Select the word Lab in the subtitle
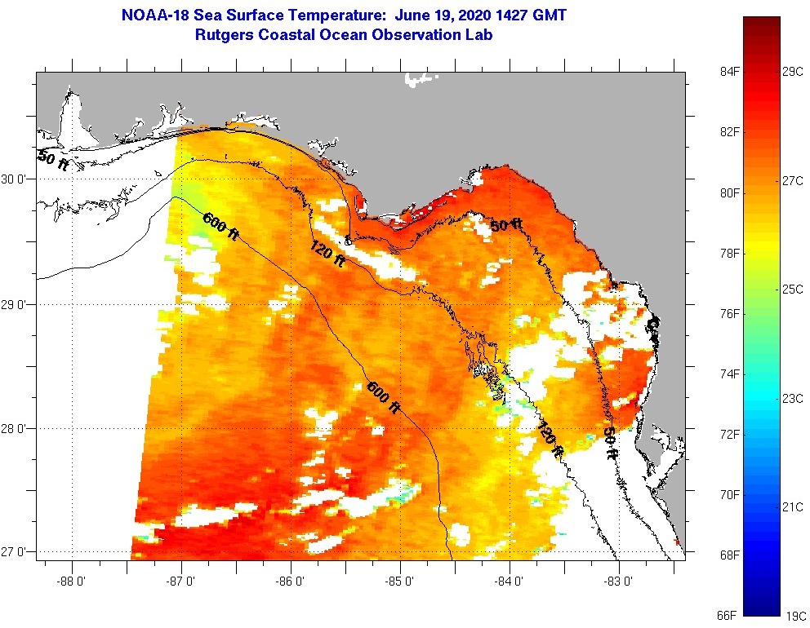(x=478, y=35)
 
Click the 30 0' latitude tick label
(x=16, y=179)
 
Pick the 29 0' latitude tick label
(x=16, y=304)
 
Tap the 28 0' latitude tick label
(x=16, y=428)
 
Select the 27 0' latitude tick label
(x=16, y=552)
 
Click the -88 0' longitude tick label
(x=72, y=582)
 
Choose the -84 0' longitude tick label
(x=510, y=582)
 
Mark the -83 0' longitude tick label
(x=619, y=582)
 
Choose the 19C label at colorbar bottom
(x=795, y=615)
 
